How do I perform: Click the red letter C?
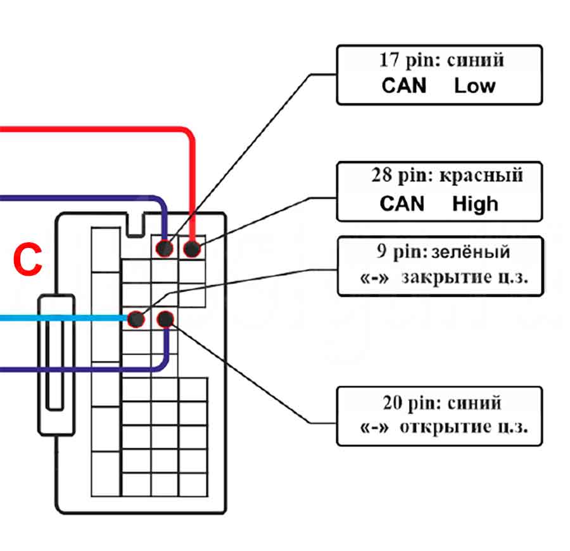click(x=28, y=260)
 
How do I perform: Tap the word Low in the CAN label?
click(x=474, y=86)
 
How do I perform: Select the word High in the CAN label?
click(x=475, y=204)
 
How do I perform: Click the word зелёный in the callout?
click(x=471, y=252)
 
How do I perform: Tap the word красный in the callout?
click(x=489, y=175)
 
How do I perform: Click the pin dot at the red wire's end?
click(x=191, y=249)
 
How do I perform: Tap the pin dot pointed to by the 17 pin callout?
click(x=165, y=249)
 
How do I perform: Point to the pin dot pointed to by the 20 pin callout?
click(x=165, y=318)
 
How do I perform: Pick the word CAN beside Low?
click(x=404, y=86)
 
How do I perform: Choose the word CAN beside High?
click(x=403, y=204)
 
